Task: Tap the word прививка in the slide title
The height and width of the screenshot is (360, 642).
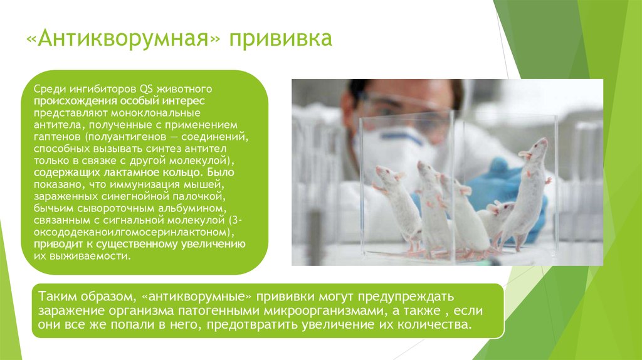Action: pos(279,40)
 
